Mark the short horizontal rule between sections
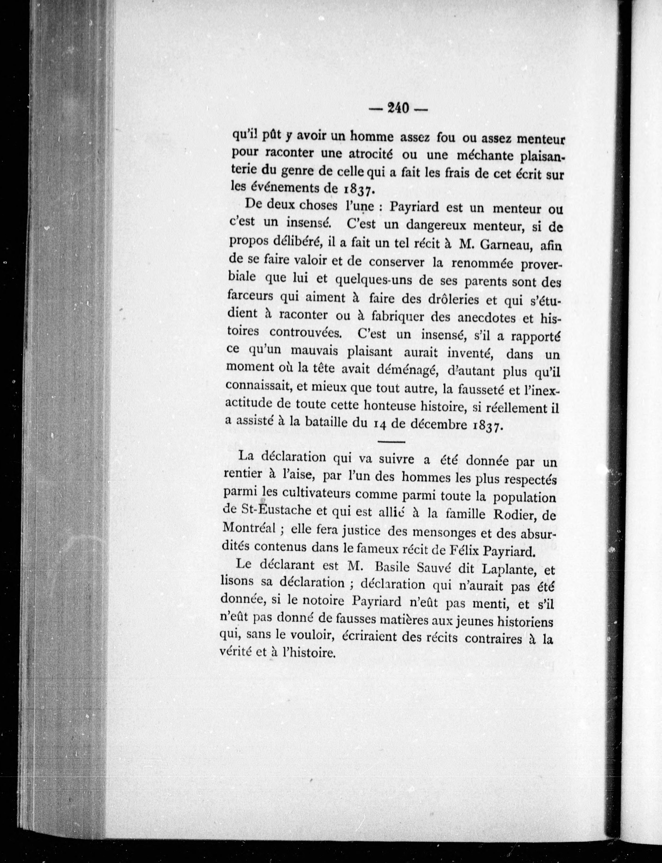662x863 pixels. click(391, 442)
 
